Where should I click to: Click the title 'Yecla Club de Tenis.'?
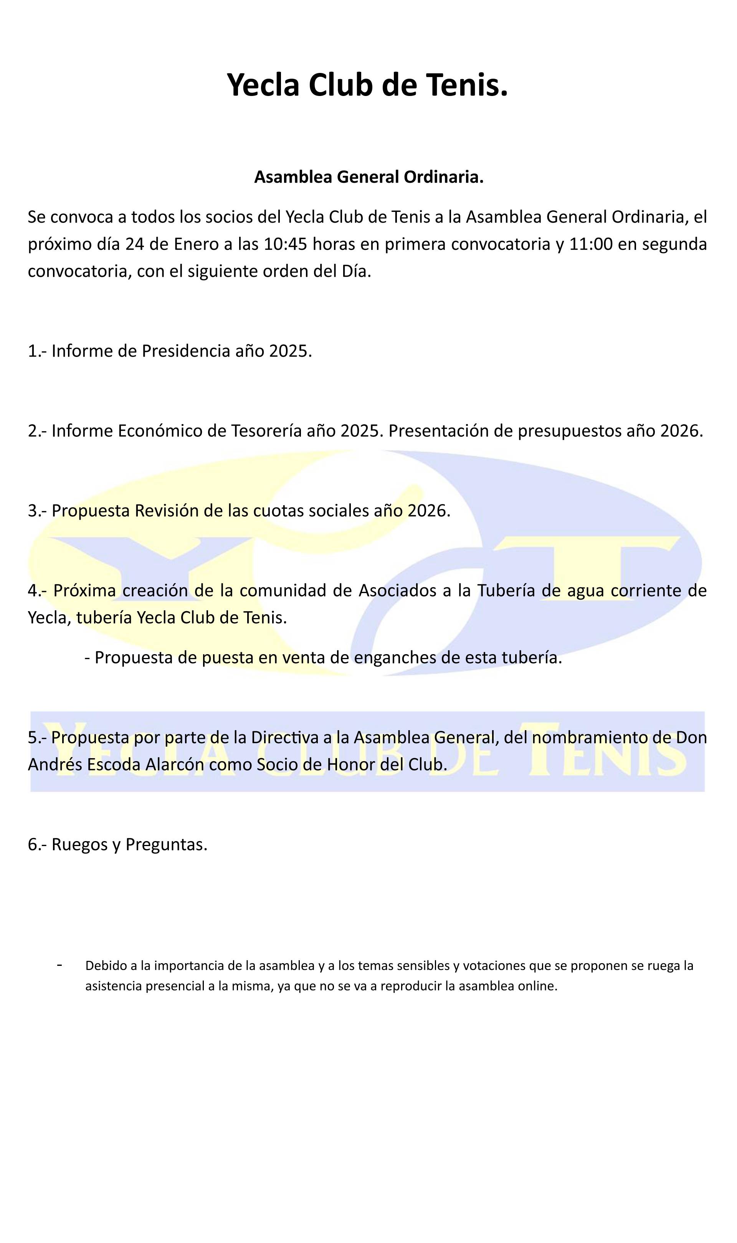367,84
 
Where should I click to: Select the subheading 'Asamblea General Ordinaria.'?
368,177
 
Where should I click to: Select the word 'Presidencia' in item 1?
186,351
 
